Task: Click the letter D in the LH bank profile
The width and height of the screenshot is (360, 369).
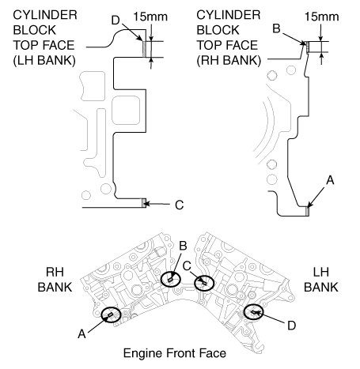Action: pos(116,20)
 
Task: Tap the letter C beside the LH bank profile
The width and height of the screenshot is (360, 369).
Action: pos(180,205)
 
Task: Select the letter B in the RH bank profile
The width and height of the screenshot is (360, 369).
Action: pos(276,28)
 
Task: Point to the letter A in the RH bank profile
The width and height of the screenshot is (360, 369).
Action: pos(330,180)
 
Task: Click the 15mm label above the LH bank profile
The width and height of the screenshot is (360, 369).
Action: pos(150,17)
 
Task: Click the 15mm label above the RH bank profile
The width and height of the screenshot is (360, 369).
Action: pos(322,17)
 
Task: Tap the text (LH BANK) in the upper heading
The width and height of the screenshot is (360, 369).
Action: pos(44,60)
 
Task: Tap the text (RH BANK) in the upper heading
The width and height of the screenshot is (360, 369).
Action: pos(229,60)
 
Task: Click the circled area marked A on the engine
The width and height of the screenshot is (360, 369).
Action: pos(111,314)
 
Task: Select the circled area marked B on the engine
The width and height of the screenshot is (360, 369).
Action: pos(171,279)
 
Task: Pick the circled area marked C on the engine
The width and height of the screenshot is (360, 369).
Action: pos(204,283)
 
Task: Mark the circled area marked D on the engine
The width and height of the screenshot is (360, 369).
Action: pos(253,312)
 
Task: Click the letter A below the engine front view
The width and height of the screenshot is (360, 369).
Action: pos(81,334)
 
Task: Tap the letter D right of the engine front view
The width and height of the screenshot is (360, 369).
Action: pos(291,326)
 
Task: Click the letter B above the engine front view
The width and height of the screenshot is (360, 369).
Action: pos(183,246)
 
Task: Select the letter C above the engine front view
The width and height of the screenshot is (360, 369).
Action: pos(187,266)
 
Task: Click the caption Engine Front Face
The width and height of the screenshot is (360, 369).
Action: pos(175,353)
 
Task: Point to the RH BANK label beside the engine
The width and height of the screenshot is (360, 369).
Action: pos(55,280)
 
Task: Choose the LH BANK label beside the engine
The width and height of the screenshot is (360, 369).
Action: pos(321,280)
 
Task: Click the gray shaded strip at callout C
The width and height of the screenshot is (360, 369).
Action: pos(144,203)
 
